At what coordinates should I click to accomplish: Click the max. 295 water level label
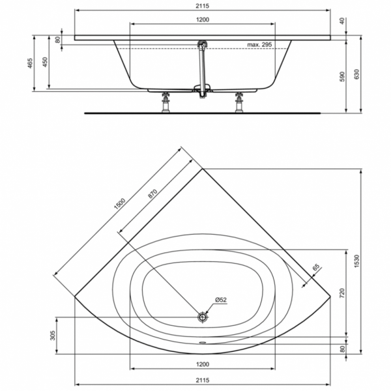pyautogui.click(x=259, y=44)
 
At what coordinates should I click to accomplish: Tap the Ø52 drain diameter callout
pyautogui.click(x=221, y=300)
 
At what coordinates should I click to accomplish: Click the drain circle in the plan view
pyautogui.click(x=203, y=317)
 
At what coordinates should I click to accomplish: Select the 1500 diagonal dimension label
pyautogui.click(x=120, y=203)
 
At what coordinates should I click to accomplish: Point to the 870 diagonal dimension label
pyautogui.click(x=152, y=194)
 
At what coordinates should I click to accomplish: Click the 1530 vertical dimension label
pyautogui.click(x=356, y=261)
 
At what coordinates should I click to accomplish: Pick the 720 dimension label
pyautogui.click(x=342, y=293)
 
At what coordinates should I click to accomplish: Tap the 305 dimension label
pyautogui.click(x=52, y=336)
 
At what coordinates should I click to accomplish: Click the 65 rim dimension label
pyautogui.click(x=315, y=267)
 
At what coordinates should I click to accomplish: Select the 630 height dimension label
pyautogui.click(x=356, y=74)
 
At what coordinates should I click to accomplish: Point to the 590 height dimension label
pyautogui.click(x=342, y=76)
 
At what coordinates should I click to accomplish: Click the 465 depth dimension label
pyautogui.click(x=30, y=63)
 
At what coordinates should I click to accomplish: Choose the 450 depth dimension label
pyautogui.click(x=45, y=62)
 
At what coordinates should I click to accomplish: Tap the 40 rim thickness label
pyautogui.click(x=342, y=21)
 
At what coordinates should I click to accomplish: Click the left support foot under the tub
pyautogui.click(x=166, y=102)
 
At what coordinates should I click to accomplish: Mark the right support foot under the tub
pyautogui.click(x=239, y=102)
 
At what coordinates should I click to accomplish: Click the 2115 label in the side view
pyautogui.click(x=202, y=6)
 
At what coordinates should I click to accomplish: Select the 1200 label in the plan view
pyautogui.click(x=203, y=364)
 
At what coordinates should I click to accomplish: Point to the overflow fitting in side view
pyautogui.click(x=202, y=44)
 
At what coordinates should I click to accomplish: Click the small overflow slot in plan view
pyautogui.click(x=203, y=342)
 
